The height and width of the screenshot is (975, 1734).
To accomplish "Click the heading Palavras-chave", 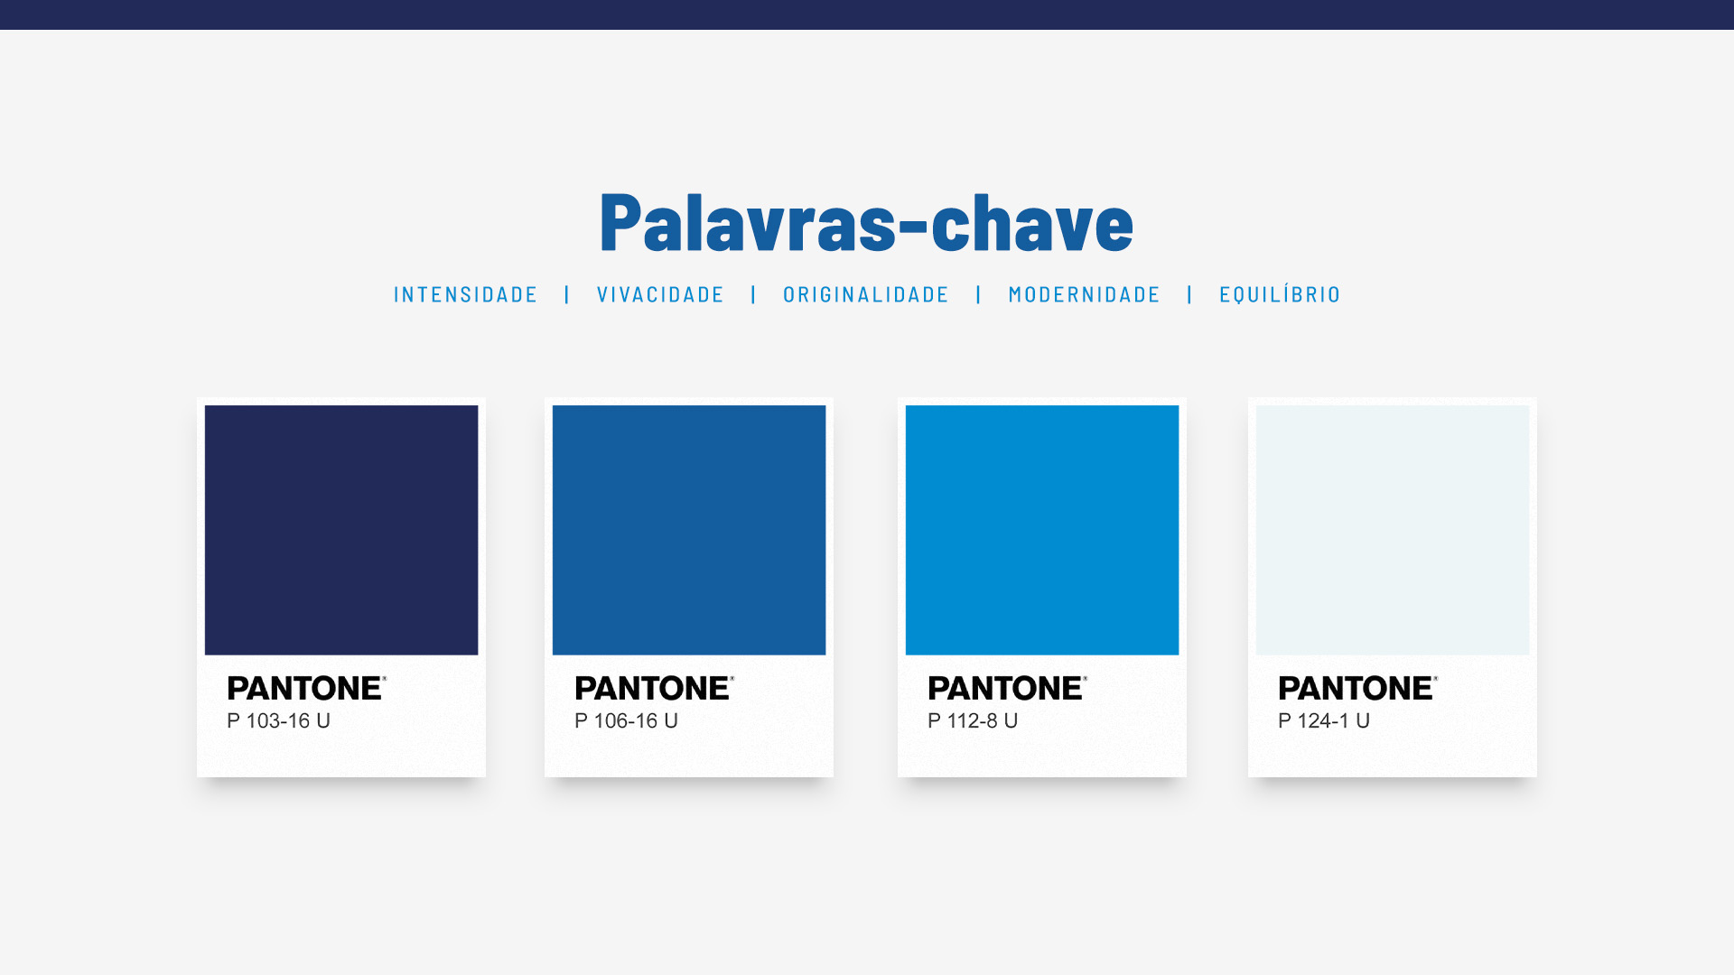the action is point(866,222).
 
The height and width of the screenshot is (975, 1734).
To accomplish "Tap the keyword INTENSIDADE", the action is point(466,295).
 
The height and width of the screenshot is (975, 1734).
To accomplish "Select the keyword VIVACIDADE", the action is point(661,295).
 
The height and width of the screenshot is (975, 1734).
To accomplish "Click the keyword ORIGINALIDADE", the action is point(866,295).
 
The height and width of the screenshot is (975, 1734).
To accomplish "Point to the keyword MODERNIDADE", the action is point(1085,295).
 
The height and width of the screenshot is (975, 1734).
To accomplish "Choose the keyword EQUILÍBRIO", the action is point(1281,294).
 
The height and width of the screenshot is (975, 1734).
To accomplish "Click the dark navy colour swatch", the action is point(341,530).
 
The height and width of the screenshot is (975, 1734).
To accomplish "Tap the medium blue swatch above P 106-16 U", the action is point(689,530).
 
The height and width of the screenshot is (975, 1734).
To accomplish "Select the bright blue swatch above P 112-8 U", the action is point(1042,530).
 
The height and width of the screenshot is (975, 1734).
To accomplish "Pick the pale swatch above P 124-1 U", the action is point(1393,530).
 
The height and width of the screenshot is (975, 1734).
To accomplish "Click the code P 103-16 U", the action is point(279,720).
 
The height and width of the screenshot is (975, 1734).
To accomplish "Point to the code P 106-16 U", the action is point(627,720).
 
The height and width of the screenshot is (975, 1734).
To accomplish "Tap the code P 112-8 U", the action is point(974,720).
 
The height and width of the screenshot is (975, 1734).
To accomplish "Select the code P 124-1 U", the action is point(1325,720).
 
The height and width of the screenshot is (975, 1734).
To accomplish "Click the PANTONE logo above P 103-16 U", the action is point(307,688).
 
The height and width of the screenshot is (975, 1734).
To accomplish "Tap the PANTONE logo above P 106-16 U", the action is point(655,688).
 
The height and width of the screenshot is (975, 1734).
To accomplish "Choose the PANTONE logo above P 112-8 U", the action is point(1008,688).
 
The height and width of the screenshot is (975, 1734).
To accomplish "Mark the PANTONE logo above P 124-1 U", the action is point(1358,688).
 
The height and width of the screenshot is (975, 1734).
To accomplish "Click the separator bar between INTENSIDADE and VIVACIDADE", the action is point(567,295).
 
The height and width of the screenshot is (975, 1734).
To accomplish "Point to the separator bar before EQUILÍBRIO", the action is point(1190,295).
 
